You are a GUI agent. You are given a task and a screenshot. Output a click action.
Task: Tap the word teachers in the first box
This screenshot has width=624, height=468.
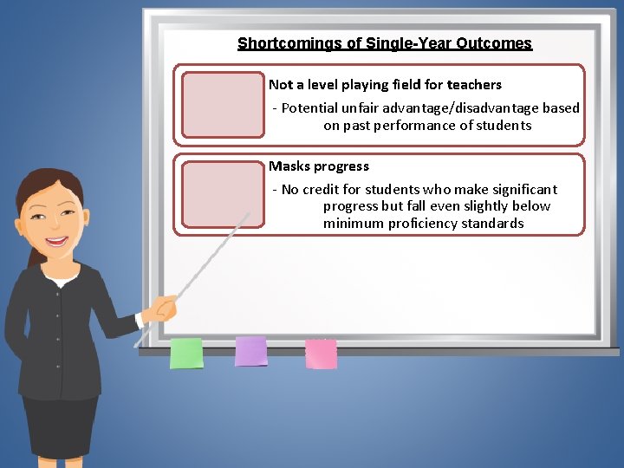point(474,85)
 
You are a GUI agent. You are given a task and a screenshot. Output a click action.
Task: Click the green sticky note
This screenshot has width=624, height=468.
point(186,353)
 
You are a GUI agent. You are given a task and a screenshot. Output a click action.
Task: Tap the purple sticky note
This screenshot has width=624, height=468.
point(251,351)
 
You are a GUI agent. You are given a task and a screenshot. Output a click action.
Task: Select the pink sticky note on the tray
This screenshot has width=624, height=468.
point(321,353)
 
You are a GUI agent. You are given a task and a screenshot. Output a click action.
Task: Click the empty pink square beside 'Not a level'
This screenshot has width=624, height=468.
point(223,105)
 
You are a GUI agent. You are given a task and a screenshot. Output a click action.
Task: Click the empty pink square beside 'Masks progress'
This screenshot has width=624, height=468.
point(223,195)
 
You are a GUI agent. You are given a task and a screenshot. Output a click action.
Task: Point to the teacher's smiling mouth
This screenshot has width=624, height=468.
point(57,242)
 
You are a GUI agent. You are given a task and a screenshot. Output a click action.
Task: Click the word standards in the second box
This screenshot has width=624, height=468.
point(494,224)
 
